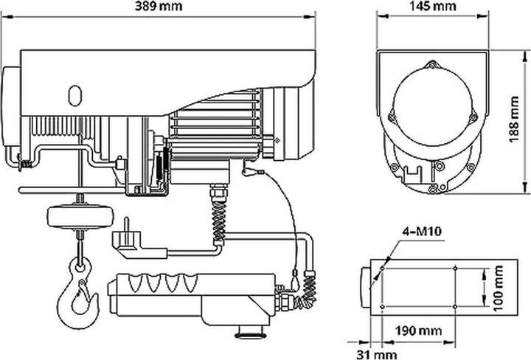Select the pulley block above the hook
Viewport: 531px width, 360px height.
80,216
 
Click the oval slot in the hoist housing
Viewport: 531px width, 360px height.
74,96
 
